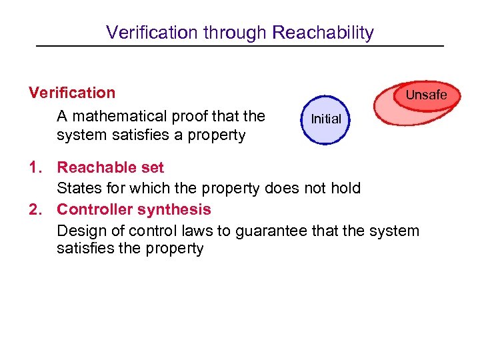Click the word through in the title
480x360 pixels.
pos(238,33)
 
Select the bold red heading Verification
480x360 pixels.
pos(72,93)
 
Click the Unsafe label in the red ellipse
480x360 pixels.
pos(426,95)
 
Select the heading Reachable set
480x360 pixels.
pos(110,167)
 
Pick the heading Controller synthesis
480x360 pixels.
pos(134,209)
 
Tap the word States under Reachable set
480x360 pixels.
pos(77,189)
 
